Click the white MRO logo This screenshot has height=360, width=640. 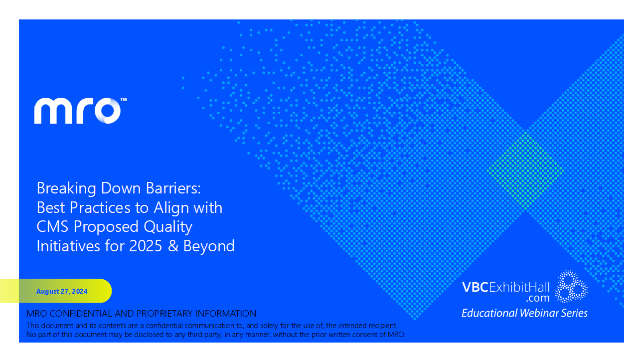[x=77, y=111]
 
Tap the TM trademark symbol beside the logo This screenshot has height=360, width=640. [x=124, y=100]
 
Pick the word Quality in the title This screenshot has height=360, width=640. [x=168, y=227]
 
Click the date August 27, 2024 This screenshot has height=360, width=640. [x=62, y=291]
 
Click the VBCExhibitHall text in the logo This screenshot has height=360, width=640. [x=506, y=287]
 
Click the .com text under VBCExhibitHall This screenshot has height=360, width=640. [x=537, y=298]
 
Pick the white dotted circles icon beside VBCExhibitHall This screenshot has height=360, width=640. [x=571, y=287]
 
